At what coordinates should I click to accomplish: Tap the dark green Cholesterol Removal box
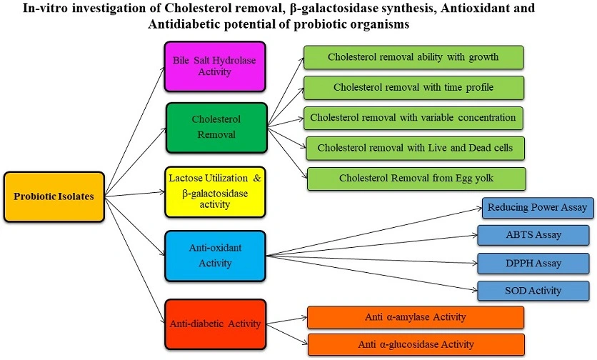point(216,127)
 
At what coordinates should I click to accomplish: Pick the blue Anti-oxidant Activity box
point(215,255)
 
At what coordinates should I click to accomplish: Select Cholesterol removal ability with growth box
point(413,57)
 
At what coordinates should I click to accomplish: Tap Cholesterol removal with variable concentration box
point(413,117)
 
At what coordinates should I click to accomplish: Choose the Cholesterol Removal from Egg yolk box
point(416,179)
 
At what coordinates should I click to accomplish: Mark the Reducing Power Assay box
point(537,208)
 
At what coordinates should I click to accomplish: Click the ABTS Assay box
point(534,235)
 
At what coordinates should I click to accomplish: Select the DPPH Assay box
point(534,263)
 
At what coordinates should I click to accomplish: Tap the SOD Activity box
point(534,291)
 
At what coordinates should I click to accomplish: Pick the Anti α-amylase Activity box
point(416,317)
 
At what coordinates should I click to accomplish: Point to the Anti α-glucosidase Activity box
point(416,344)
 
